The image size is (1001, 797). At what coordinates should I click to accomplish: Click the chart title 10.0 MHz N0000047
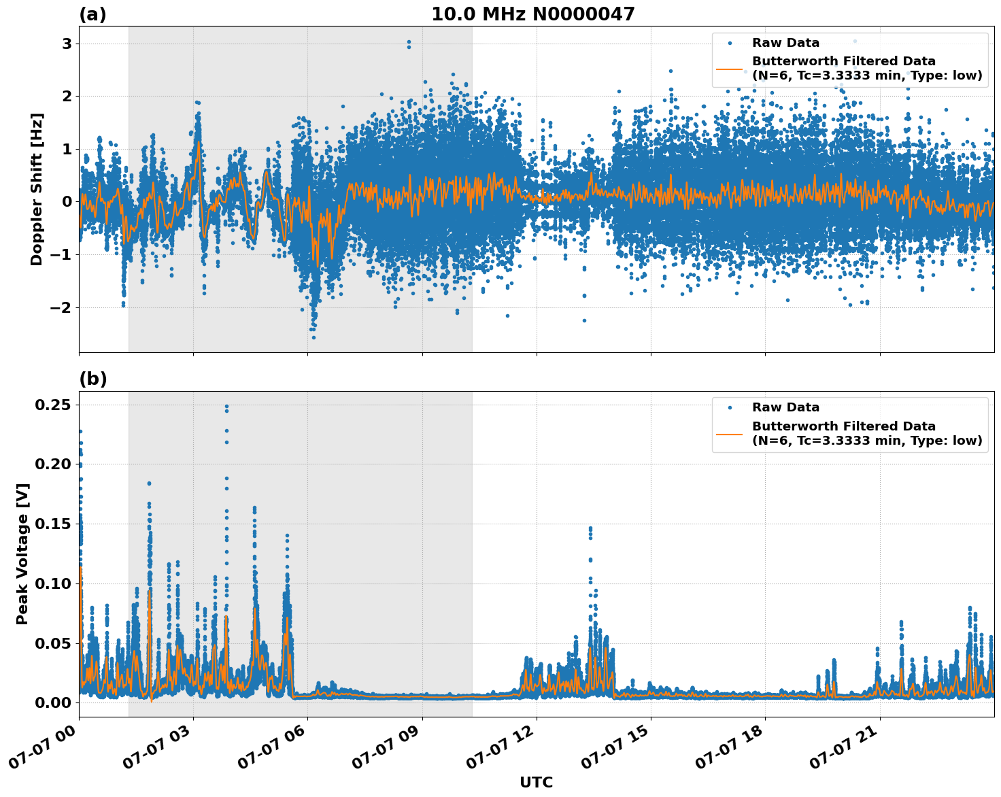click(x=532, y=14)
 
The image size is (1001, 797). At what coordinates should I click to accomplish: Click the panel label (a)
click(x=92, y=14)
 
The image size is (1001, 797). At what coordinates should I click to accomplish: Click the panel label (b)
click(x=92, y=379)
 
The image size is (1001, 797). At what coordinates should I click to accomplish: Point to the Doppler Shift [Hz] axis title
click(x=37, y=189)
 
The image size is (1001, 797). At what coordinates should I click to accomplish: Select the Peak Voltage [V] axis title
click(x=22, y=554)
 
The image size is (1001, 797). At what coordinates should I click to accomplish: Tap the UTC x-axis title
click(x=536, y=782)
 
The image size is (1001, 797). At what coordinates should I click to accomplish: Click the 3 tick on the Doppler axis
click(x=67, y=44)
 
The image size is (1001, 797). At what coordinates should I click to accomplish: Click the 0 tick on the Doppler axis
click(x=67, y=202)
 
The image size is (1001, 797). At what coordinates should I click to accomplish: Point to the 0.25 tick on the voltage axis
click(x=56, y=405)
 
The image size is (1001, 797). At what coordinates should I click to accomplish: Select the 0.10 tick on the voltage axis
click(x=56, y=583)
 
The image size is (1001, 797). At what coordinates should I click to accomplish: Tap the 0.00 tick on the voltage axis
click(x=56, y=702)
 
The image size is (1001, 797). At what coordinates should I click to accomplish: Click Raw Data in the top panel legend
click(x=785, y=43)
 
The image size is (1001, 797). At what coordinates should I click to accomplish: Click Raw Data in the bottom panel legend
click(x=785, y=407)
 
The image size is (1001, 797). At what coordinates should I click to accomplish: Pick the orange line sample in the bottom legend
click(x=730, y=433)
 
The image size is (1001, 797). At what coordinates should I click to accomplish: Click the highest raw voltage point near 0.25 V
click(x=226, y=407)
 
